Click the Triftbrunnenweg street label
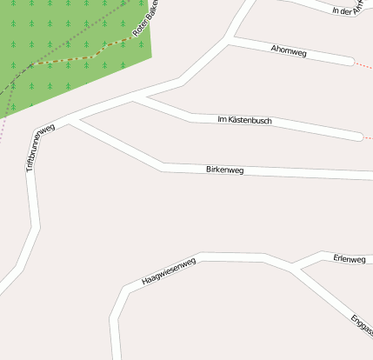[40, 147]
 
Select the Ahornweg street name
[289, 52]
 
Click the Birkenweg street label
[224, 169]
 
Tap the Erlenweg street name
[349, 258]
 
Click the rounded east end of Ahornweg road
[350, 62]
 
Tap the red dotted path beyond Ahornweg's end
[364, 64]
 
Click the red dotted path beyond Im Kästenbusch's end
[369, 138]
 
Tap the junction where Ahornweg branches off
[228, 39]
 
